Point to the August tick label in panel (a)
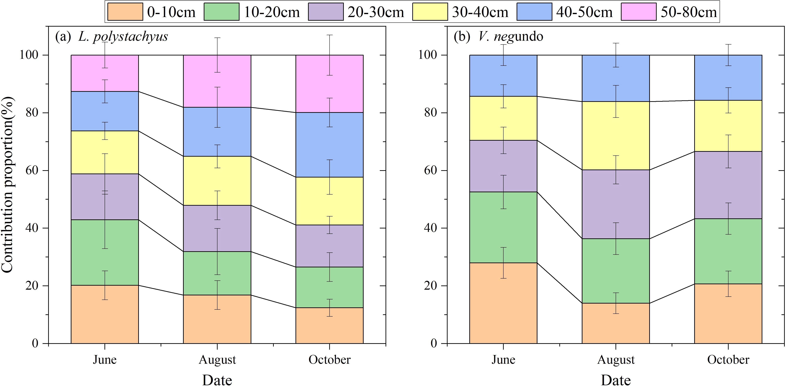(x=217, y=360)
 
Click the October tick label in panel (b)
(x=728, y=360)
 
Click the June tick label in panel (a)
(x=105, y=360)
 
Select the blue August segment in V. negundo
(x=598, y=78)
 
